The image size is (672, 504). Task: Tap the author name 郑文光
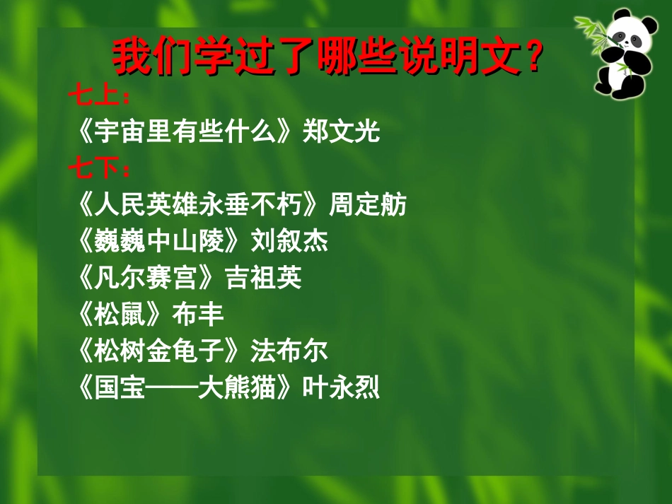tap(341, 132)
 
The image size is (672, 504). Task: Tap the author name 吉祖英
tap(263, 279)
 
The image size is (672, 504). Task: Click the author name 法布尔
tap(289, 351)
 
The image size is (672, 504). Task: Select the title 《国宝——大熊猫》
tap(187, 388)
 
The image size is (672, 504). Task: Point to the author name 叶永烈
tap(341, 388)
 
